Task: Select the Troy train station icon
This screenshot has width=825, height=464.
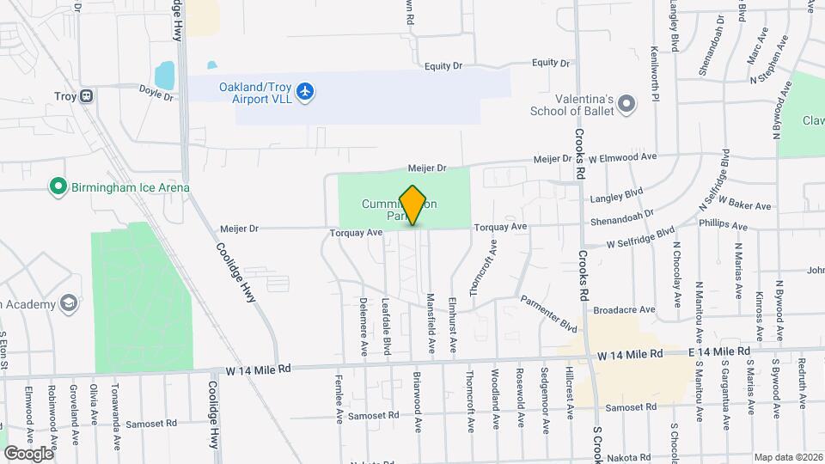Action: pyautogui.click(x=87, y=96)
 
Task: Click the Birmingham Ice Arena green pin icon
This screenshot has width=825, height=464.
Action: pyautogui.click(x=58, y=186)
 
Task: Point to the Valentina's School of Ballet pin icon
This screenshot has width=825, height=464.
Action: pyautogui.click(x=627, y=105)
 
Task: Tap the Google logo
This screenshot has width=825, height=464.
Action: pyautogui.click(x=29, y=453)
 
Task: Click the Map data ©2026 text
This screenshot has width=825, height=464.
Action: pyautogui.click(x=786, y=456)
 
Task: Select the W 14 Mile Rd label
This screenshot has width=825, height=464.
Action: pyautogui.click(x=259, y=368)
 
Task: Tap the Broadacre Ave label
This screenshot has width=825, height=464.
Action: pyautogui.click(x=625, y=309)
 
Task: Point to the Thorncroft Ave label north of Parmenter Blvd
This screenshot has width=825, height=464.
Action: pyautogui.click(x=483, y=267)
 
